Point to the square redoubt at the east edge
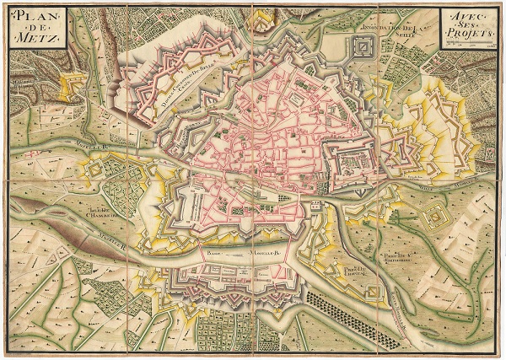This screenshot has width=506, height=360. click(x=436, y=217)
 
